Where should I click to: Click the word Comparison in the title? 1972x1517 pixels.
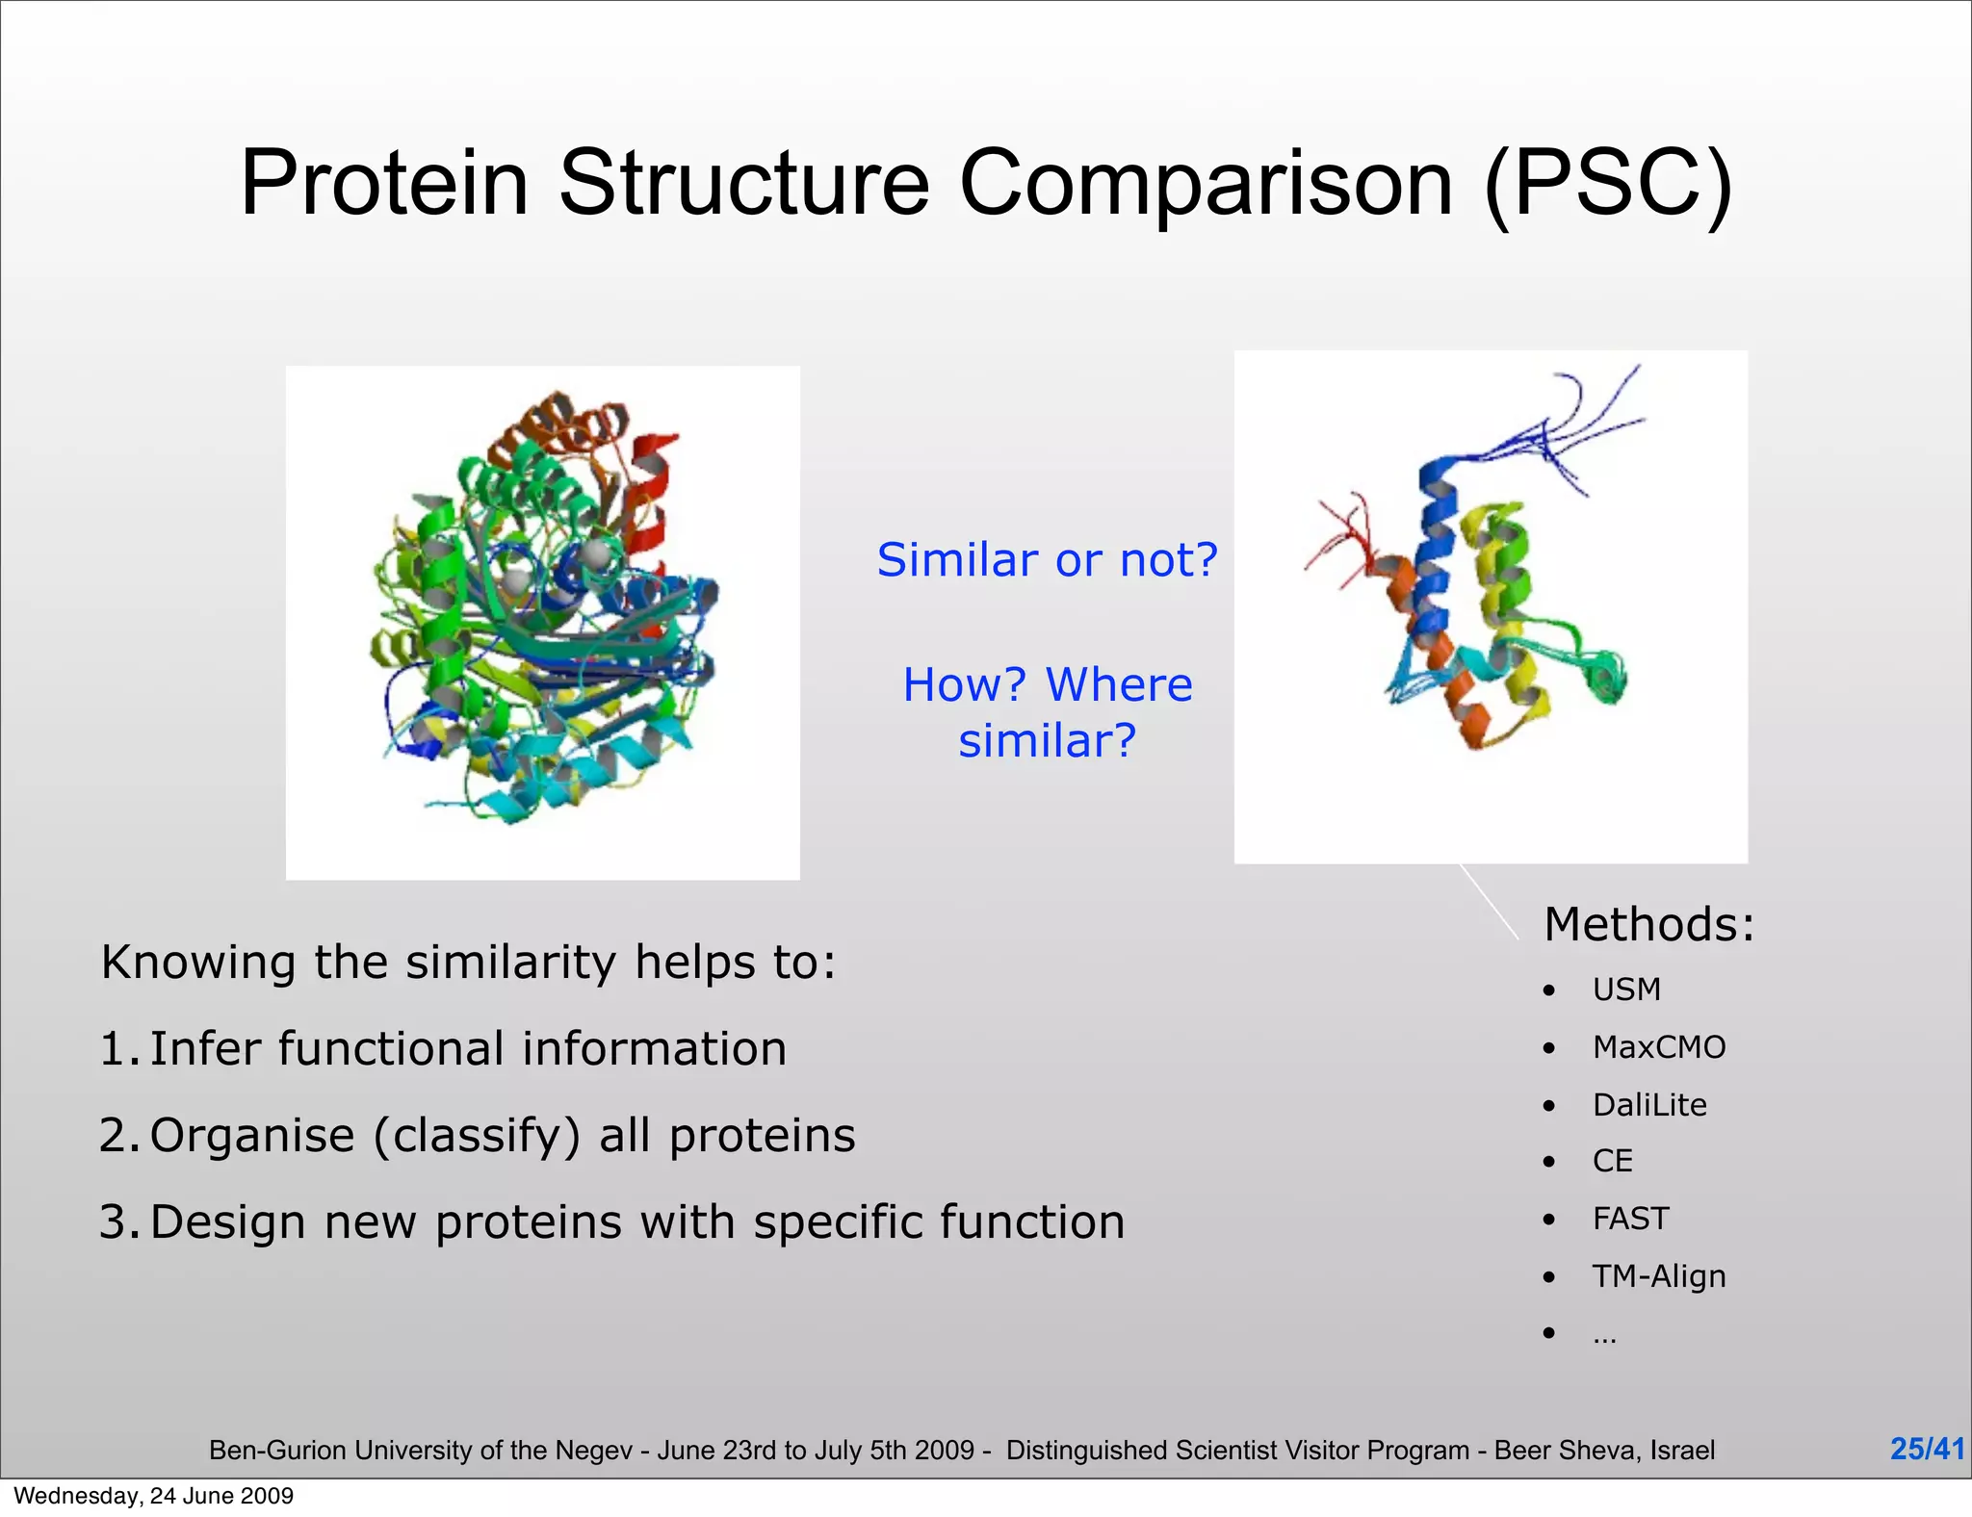1207,183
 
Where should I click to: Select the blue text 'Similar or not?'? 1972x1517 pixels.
1047,560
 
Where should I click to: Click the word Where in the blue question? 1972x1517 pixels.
1119,685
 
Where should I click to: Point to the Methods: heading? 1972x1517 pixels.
1648,925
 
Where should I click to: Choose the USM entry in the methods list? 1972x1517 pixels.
1626,990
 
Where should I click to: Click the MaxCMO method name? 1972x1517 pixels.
1658,1047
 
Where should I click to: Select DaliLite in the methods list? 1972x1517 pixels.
1648,1105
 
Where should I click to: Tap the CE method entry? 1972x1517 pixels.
1612,1162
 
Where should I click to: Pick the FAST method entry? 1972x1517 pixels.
1630,1220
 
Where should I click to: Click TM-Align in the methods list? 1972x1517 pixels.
1658,1276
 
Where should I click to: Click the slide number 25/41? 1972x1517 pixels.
1927,1449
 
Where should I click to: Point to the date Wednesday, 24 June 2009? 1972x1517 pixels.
154,1496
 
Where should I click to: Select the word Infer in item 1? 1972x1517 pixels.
204,1049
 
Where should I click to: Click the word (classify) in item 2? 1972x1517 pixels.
477,1136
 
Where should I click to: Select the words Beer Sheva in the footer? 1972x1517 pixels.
1566,1451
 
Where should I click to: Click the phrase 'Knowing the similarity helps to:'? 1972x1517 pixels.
468,963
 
